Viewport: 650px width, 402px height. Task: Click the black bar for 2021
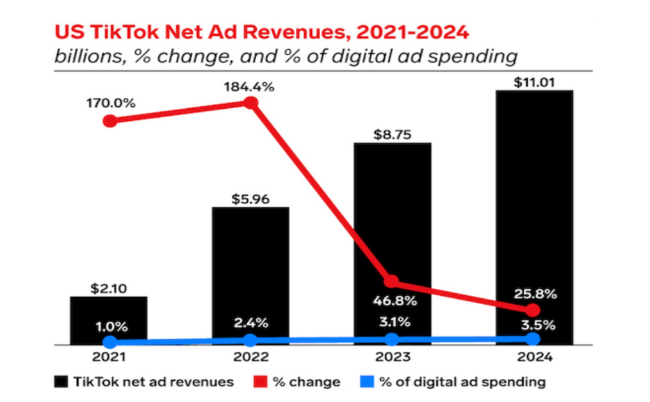109,320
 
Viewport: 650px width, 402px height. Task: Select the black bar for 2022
250,275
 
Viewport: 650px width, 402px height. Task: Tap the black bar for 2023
392,243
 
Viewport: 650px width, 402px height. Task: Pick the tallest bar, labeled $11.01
533,218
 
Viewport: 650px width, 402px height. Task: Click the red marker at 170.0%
110,121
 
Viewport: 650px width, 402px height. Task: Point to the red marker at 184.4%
252,104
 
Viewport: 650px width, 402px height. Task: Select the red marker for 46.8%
391,281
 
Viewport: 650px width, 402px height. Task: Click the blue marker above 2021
110,342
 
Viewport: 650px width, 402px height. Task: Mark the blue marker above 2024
533,339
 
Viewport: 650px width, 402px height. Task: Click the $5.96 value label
250,199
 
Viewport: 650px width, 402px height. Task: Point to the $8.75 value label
393,135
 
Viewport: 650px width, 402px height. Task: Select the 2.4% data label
250,322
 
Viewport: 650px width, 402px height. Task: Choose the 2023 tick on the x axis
392,357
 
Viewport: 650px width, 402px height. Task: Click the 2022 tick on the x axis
250,357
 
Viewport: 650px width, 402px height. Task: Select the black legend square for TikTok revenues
61,382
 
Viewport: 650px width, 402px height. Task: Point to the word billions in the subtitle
84,56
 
